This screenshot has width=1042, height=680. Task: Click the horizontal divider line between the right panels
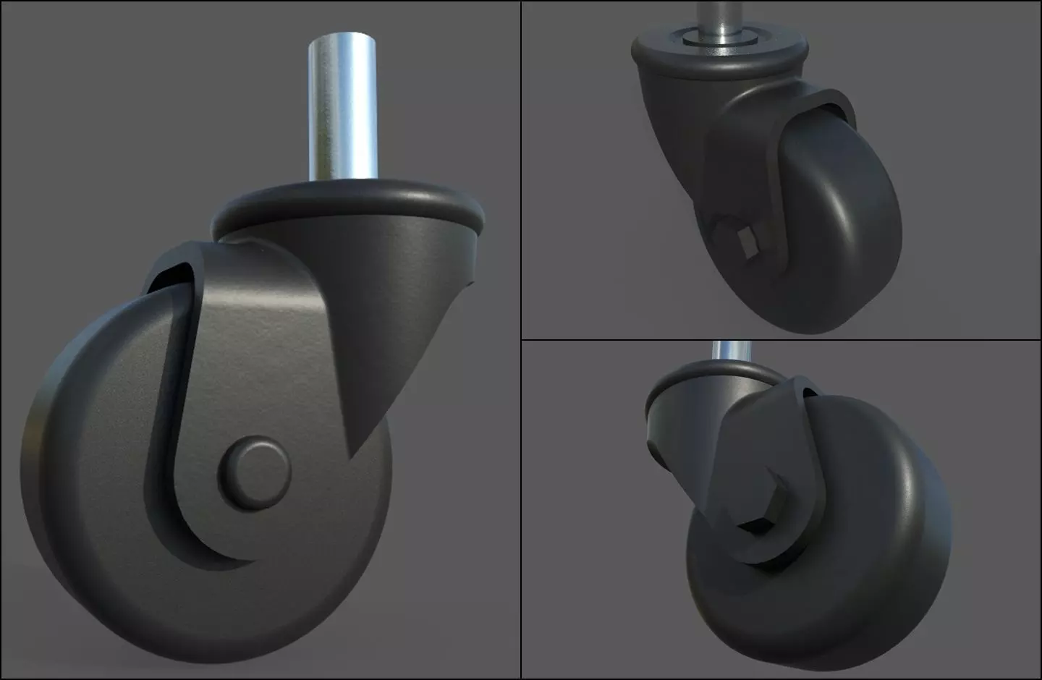[x=781, y=339]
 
